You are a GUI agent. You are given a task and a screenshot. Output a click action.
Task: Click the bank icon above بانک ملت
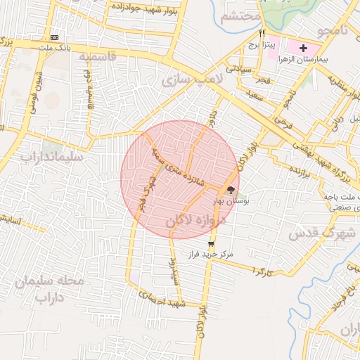tap(55, 37)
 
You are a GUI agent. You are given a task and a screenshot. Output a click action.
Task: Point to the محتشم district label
tap(240, 18)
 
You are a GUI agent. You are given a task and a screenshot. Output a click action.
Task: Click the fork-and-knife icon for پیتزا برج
tap(262, 33)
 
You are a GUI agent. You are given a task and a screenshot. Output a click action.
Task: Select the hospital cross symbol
tap(303, 48)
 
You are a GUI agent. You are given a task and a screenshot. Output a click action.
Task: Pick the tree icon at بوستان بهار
tap(231, 189)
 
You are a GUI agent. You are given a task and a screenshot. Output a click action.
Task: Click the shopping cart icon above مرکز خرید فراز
tap(212, 244)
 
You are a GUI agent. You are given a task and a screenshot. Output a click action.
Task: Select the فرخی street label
tap(283, 122)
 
